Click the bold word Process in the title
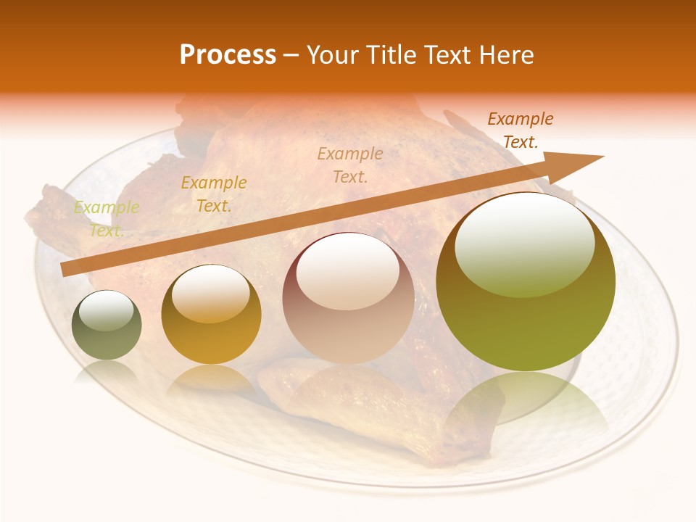(x=228, y=55)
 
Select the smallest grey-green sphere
(x=107, y=326)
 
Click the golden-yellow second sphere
(x=211, y=315)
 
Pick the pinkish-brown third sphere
(x=348, y=299)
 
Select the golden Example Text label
(x=213, y=194)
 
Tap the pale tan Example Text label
(x=350, y=165)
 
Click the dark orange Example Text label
(x=520, y=130)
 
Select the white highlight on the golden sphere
(x=210, y=294)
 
